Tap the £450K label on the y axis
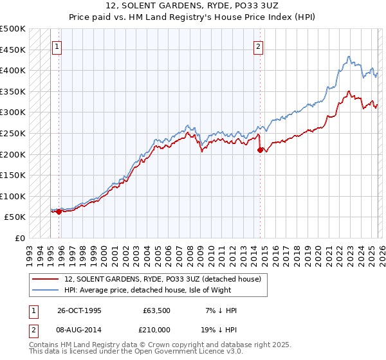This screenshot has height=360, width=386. pyautogui.click(x=14, y=50)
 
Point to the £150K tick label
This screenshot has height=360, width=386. pyautogui.click(x=14, y=175)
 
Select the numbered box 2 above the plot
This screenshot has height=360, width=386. pyautogui.click(x=259, y=46)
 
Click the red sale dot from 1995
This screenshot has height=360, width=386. pyautogui.click(x=59, y=212)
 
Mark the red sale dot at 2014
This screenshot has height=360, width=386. pyautogui.click(x=260, y=150)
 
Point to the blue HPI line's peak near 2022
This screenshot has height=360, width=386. pyautogui.click(x=347, y=57)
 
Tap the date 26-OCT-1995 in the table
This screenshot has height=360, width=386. pyautogui.click(x=79, y=310)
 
